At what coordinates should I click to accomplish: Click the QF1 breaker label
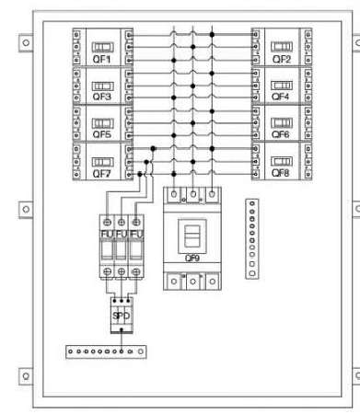[x=101, y=59]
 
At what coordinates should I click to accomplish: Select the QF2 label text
[x=282, y=59]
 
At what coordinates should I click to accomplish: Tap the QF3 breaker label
[x=102, y=97]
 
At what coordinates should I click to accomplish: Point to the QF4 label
[x=280, y=97]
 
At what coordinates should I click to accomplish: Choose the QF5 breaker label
[x=102, y=134]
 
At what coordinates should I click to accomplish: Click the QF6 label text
[x=280, y=134]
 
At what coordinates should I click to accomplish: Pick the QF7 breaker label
[x=101, y=174]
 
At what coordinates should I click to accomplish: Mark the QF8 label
[x=280, y=173]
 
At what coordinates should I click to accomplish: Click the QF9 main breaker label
[x=192, y=259]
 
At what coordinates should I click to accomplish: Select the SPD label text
[x=122, y=316]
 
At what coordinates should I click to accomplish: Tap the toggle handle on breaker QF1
[x=103, y=47]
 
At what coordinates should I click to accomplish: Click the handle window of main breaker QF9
[x=192, y=236]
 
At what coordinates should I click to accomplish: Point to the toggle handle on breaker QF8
[x=282, y=161]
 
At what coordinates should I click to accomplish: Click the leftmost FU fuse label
[x=107, y=234]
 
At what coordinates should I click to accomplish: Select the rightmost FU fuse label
[x=136, y=234]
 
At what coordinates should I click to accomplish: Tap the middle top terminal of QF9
[x=193, y=194]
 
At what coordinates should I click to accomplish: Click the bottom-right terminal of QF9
[x=212, y=282]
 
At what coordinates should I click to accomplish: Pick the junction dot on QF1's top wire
[x=212, y=35]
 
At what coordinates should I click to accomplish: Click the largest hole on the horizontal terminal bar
[x=141, y=351]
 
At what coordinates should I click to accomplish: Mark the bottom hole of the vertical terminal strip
[x=252, y=273]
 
